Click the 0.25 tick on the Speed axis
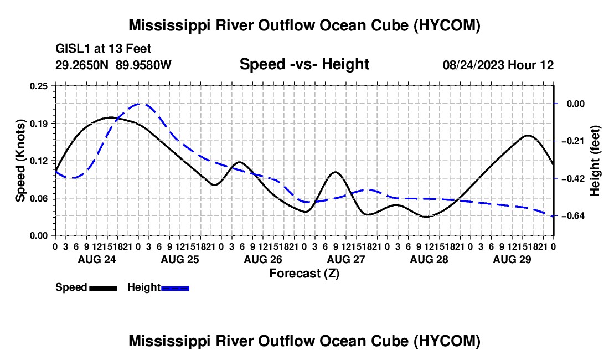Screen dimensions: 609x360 point(38,86)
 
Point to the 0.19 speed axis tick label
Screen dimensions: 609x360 point(38,124)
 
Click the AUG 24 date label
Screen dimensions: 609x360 point(97,259)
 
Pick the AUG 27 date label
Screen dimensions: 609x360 point(346,259)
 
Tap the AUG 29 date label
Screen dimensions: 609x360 point(512,259)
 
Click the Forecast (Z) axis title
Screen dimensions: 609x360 point(304,274)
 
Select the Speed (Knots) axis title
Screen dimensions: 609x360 point(20,161)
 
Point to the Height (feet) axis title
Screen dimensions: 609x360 point(595,161)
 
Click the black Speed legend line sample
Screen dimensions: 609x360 point(104,288)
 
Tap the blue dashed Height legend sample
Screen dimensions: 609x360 point(175,288)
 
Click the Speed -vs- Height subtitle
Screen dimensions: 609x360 point(304,64)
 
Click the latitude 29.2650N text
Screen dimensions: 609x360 point(81,65)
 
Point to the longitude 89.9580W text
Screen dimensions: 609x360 point(143,65)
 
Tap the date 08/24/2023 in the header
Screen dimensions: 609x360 point(473,65)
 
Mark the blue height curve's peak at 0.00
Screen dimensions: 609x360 point(140,104)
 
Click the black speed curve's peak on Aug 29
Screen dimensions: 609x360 point(528,135)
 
